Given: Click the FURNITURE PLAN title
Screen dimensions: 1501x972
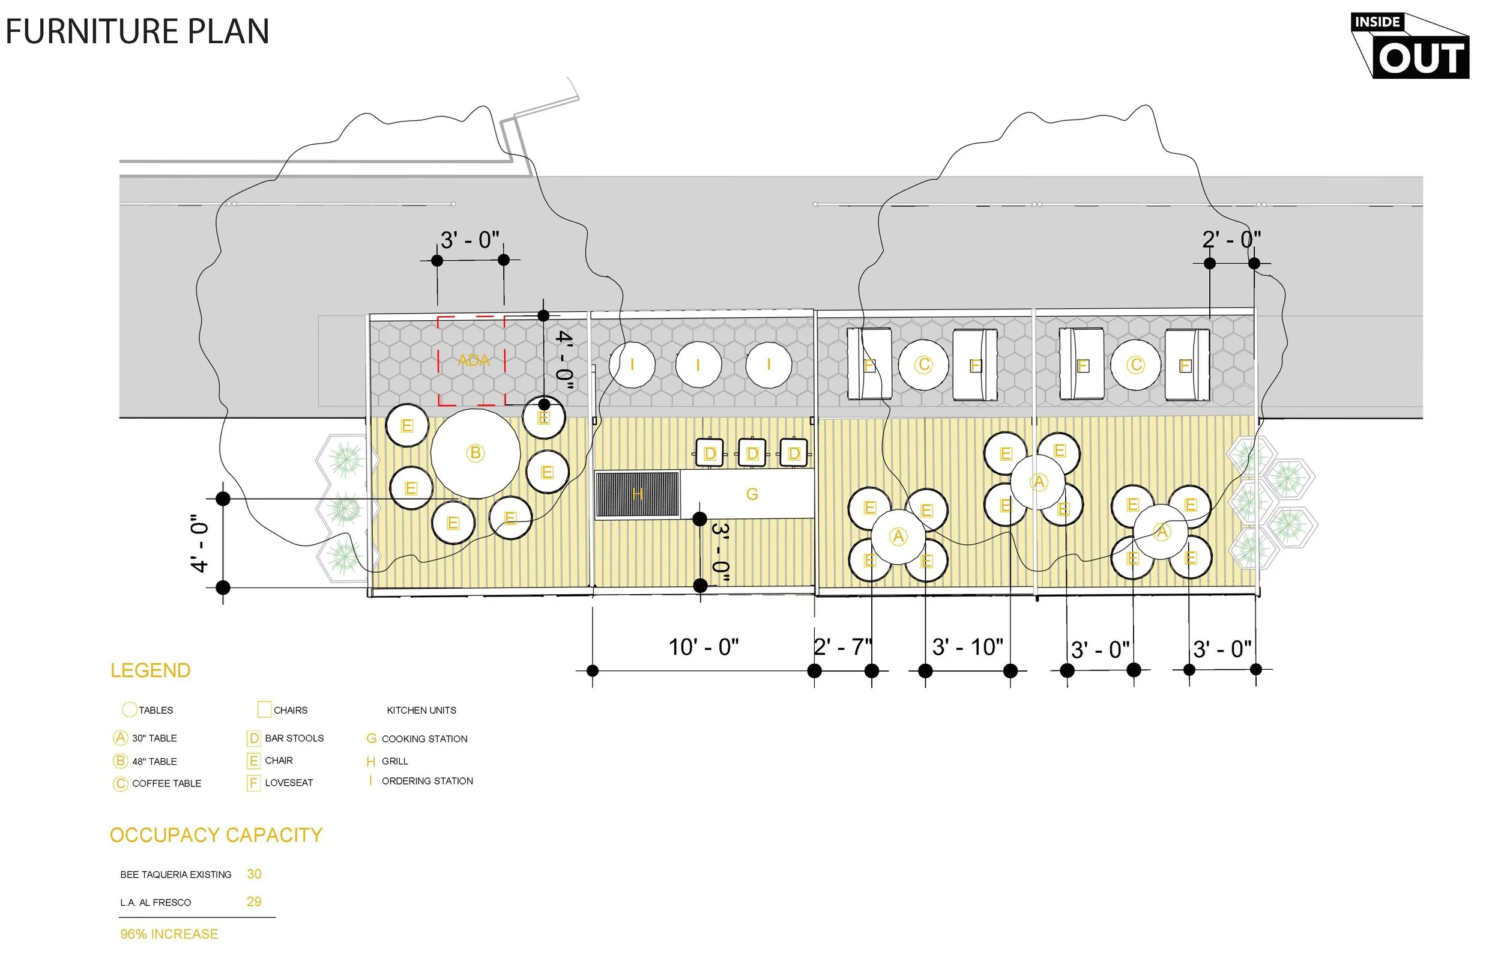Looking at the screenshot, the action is click(x=137, y=32).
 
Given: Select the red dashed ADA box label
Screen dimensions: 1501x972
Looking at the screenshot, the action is click(x=473, y=360).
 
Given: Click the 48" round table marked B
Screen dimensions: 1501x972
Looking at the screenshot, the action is click(x=476, y=452).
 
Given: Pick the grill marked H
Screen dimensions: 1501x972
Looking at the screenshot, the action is click(x=638, y=494).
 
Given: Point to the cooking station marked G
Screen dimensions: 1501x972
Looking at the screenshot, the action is click(x=752, y=494).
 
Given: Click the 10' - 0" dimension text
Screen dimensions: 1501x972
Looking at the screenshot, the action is click(x=703, y=647).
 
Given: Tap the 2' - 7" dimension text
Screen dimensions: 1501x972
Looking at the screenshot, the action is click(x=842, y=647).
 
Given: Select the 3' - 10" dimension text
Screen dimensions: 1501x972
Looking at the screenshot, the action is click(x=967, y=647).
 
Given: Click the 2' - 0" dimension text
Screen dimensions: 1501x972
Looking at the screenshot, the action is click(x=1231, y=240).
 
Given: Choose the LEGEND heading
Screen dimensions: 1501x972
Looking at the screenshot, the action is click(x=150, y=670).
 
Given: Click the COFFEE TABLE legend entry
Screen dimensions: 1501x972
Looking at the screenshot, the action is click(x=166, y=783).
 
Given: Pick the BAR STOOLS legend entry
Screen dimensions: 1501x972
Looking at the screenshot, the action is click(x=294, y=738).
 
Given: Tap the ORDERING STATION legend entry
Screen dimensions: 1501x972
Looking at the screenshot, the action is click(x=427, y=781).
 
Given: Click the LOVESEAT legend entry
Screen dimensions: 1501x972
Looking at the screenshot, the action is click(x=289, y=783).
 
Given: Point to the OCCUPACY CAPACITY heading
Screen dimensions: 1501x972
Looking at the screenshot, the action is click(x=216, y=835).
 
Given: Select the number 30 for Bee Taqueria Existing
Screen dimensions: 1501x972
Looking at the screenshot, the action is click(x=253, y=874).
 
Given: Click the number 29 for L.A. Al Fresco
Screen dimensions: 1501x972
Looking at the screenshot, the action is click(x=253, y=901).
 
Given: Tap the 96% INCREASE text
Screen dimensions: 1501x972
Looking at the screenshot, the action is click(x=169, y=934).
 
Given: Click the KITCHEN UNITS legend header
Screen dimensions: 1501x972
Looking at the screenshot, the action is click(x=421, y=710).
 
